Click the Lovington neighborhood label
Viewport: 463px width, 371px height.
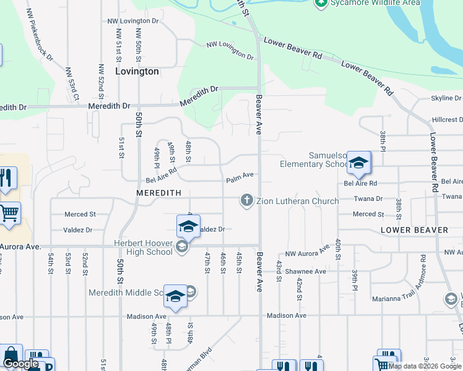(x=137, y=71)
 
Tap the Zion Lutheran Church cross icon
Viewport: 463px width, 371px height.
(x=246, y=200)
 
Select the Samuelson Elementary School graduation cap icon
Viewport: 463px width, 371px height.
(x=358, y=163)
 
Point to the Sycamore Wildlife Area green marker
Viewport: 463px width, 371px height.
(x=321, y=3)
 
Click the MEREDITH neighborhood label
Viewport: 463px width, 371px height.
(x=159, y=193)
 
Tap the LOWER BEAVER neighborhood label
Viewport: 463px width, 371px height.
(x=414, y=230)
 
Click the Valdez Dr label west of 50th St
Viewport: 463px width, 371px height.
(x=77, y=230)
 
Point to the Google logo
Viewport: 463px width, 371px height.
(x=20, y=364)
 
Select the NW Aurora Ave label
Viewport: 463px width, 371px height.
(x=307, y=252)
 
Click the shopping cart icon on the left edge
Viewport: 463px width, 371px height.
(x=9, y=214)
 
